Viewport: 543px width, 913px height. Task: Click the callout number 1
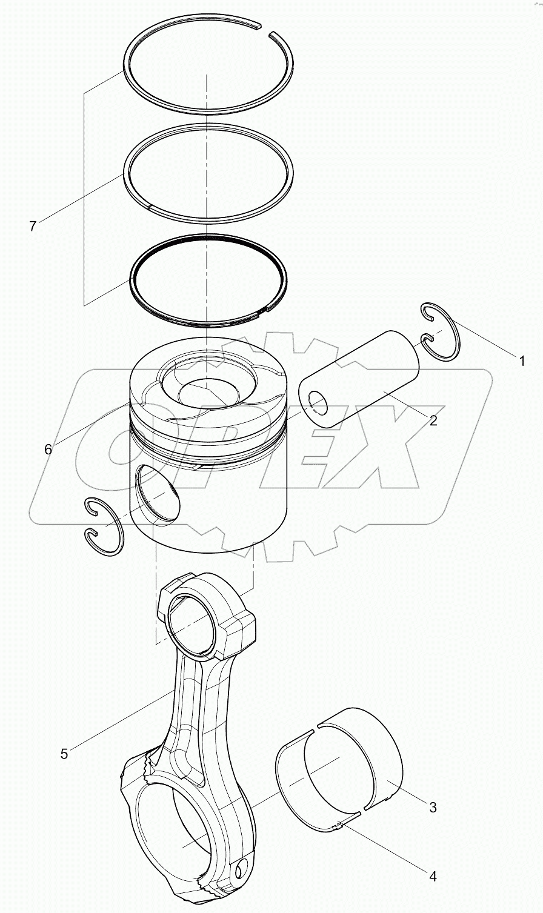[x=521, y=361]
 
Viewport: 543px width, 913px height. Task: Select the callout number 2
[x=433, y=420]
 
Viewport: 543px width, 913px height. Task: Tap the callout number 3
[x=432, y=807]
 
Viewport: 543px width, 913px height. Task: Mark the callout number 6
[x=48, y=449]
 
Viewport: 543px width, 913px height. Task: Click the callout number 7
[x=33, y=226]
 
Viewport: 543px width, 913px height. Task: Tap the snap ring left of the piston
[x=102, y=526]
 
